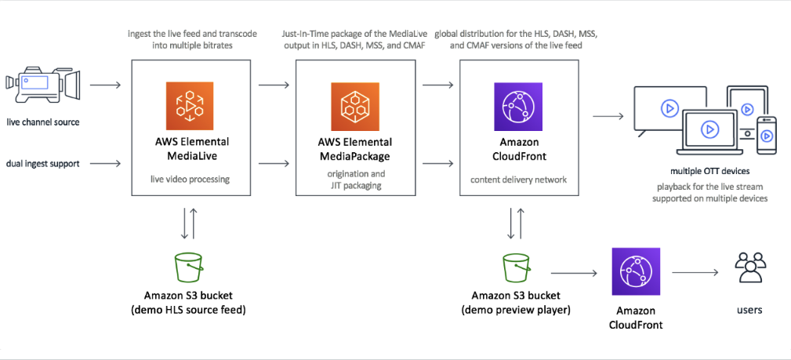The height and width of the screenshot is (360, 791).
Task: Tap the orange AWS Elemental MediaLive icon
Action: (189, 105)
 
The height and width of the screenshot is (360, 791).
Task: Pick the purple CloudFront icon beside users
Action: (636, 271)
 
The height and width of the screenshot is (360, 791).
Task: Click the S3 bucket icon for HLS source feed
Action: (189, 266)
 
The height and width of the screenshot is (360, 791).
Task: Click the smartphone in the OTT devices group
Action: (766, 136)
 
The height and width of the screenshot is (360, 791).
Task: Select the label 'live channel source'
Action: (42, 122)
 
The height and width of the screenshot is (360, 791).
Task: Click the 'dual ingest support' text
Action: (42, 163)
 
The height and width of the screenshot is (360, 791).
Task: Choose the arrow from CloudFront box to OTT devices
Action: (608, 117)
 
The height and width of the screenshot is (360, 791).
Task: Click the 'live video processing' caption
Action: (189, 180)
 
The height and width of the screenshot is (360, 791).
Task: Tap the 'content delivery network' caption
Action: (519, 180)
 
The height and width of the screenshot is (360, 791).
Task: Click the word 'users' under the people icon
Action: (749, 310)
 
